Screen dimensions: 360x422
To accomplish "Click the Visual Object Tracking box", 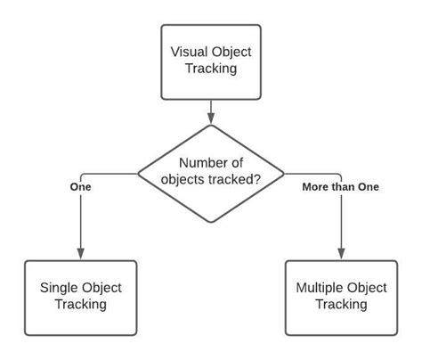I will [211, 61].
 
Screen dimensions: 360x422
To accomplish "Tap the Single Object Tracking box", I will [80, 296].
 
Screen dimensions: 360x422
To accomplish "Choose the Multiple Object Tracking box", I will [341, 296].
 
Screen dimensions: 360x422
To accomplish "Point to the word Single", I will [59, 287].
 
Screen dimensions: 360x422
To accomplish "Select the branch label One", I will [80, 187].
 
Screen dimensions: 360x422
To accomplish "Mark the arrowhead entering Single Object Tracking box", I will [80, 256].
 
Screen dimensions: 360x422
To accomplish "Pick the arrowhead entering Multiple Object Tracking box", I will [341, 256].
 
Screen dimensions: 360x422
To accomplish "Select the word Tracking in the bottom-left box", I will [80, 305].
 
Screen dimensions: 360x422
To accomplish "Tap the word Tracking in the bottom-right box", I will [341, 305].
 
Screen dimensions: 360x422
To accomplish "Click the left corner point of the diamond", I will [137, 172].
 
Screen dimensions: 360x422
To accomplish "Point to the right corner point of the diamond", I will [285, 172].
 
